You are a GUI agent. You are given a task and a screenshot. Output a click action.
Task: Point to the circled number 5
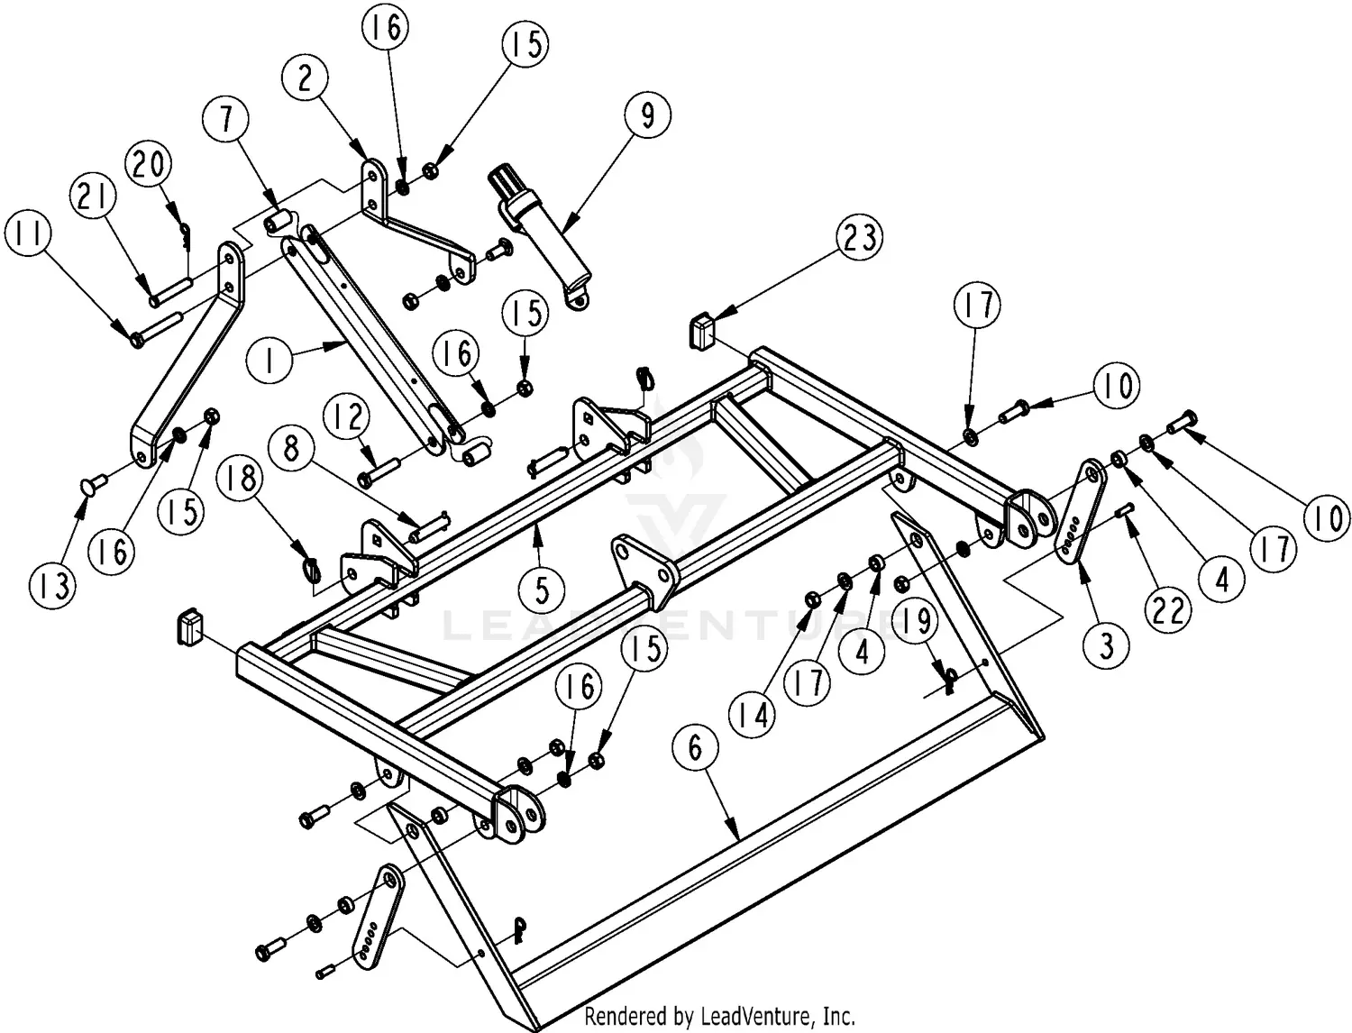tap(542, 590)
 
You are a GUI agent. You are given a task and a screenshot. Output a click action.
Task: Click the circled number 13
tap(54, 586)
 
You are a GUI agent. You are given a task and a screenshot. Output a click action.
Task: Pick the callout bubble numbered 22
tap(1169, 610)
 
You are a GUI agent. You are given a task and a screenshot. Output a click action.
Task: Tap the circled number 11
tap(29, 234)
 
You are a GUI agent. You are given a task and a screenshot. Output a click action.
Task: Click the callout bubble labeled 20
tap(150, 166)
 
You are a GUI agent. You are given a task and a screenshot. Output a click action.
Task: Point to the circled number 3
tap(1106, 645)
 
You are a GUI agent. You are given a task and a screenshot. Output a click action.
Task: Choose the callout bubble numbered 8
tap(290, 448)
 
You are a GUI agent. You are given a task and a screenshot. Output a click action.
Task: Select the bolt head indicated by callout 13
tap(89, 487)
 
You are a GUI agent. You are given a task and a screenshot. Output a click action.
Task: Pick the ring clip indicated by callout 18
tap(309, 569)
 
